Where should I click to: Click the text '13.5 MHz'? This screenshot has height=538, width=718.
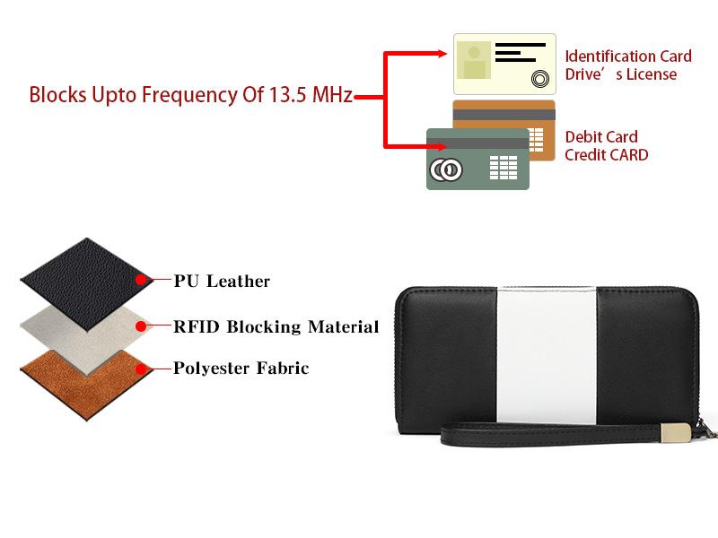click(311, 95)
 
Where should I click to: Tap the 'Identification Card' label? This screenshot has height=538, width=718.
click(627, 56)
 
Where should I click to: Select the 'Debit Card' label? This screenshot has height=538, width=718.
click(600, 137)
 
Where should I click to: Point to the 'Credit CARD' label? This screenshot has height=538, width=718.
click(606, 155)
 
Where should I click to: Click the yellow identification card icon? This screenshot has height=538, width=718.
click(504, 65)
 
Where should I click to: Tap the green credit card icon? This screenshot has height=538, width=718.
click(477, 159)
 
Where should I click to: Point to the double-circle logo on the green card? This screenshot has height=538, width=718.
click(445, 169)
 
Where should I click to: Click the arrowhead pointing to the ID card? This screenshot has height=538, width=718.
click(441, 54)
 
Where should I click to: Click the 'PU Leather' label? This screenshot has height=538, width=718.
click(222, 282)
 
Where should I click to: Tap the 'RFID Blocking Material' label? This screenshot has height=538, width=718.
click(276, 326)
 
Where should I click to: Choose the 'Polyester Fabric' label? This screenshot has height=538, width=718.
click(241, 369)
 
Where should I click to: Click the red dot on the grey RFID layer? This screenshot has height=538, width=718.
click(141, 325)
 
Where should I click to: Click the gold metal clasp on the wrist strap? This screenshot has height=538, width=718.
click(676, 434)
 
